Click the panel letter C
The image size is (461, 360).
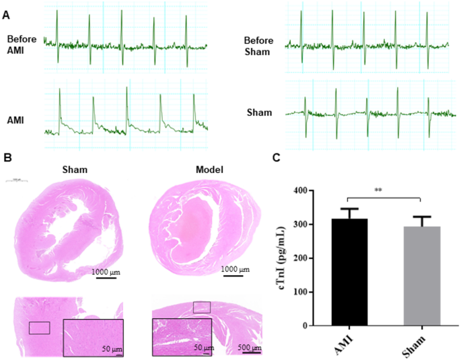[x=277, y=157]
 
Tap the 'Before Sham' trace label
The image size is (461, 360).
[x=260, y=46]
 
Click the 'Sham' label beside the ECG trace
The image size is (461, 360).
[x=260, y=112]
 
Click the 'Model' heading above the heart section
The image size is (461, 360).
[x=209, y=169]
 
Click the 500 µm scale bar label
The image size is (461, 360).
[x=251, y=347]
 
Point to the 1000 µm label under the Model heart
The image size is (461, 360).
[x=235, y=269]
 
